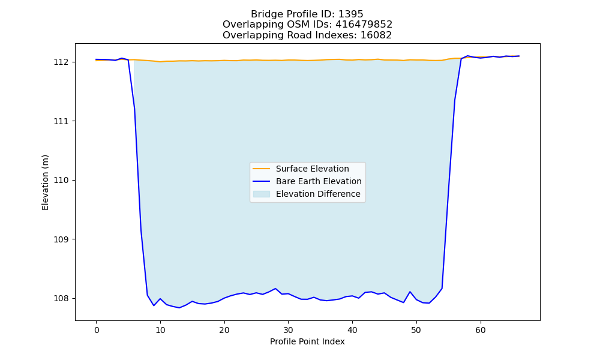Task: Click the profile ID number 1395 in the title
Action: coord(350,14)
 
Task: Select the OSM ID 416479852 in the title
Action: coord(364,25)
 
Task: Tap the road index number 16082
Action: coord(376,35)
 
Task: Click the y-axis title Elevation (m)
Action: coord(45,182)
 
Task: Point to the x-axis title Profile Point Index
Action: coord(307,341)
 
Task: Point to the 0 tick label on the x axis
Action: coord(97,330)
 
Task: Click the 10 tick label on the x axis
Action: coord(160,330)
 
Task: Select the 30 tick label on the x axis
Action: coord(288,330)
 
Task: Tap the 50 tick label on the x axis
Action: coord(416,330)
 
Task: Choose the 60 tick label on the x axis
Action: coord(480,330)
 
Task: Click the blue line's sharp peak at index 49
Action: coord(410,292)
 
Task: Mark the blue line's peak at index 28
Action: coord(275,289)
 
